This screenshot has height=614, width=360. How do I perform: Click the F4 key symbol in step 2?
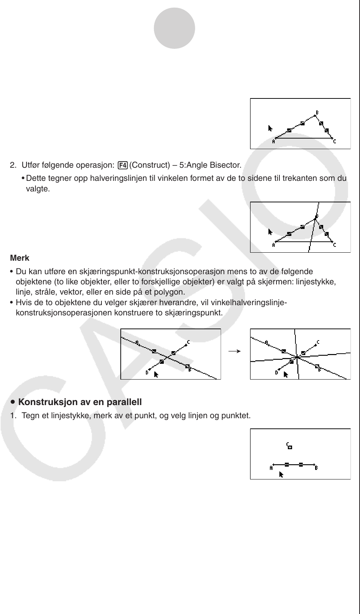(x=122, y=166)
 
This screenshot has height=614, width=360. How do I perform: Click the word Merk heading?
(x=20, y=258)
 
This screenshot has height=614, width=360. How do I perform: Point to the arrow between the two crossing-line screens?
(x=235, y=351)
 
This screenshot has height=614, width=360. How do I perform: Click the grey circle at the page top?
(x=174, y=28)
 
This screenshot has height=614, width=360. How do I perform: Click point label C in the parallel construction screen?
(x=288, y=444)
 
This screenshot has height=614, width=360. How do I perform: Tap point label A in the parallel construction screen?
(x=271, y=468)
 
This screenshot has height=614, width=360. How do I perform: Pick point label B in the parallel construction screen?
(x=316, y=468)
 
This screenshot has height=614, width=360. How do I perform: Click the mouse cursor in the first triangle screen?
(x=270, y=128)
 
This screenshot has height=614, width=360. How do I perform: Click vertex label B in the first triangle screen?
(x=317, y=113)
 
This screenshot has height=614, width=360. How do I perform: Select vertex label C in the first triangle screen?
(x=334, y=142)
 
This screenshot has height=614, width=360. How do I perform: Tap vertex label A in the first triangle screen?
(x=274, y=142)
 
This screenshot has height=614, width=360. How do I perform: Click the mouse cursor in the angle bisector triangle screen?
(x=270, y=232)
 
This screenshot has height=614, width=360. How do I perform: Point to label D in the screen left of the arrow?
(x=147, y=373)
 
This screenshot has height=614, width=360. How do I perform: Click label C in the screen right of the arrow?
(x=318, y=342)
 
